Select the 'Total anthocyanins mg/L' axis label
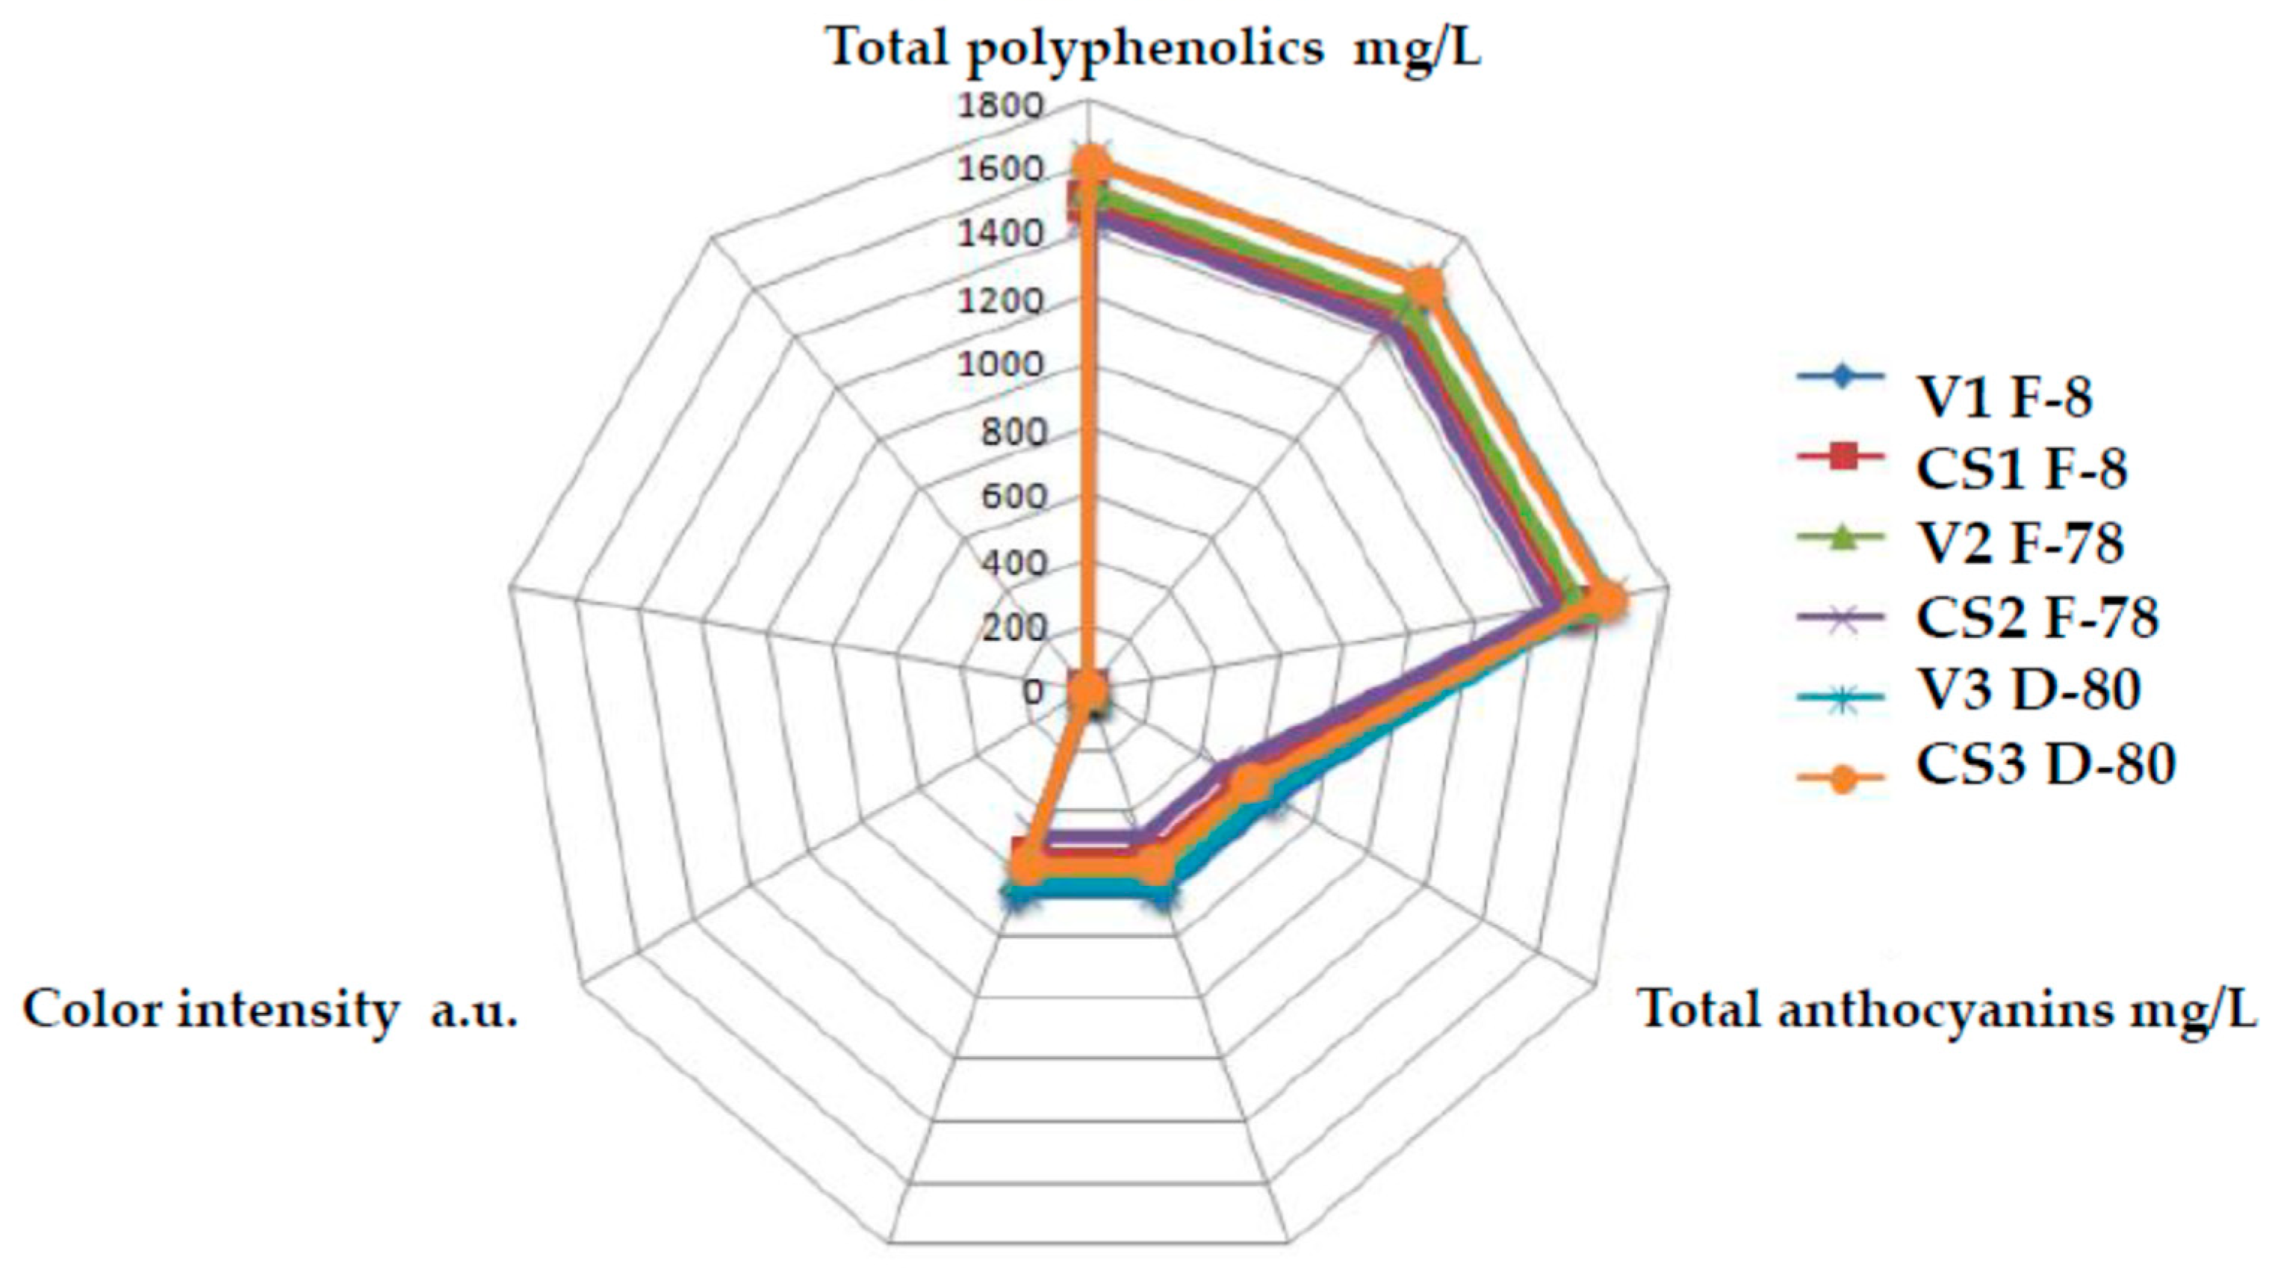point(1947,1009)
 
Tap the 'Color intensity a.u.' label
point(270,1009)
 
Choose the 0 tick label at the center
point(1032,692)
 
